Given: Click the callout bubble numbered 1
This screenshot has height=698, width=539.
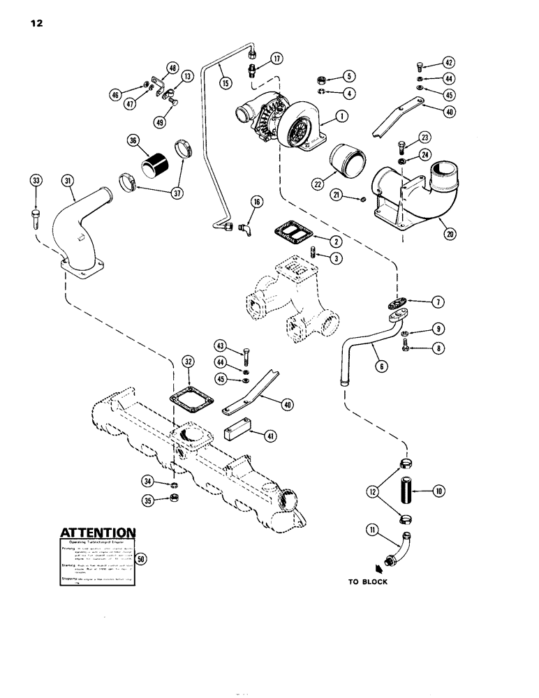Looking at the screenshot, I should [341, 117].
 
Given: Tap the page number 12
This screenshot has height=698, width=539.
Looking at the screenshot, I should [37, 23].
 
